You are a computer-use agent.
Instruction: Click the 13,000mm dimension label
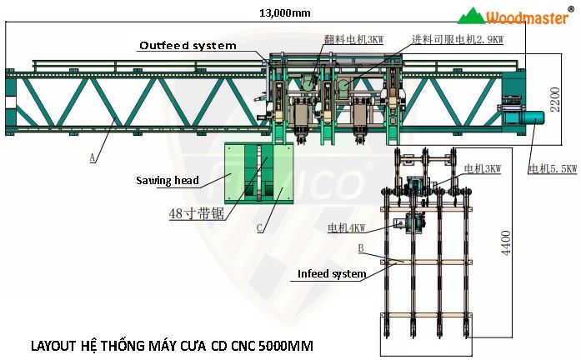285,12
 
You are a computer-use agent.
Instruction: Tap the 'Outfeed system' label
188,45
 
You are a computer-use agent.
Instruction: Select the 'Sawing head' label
168,180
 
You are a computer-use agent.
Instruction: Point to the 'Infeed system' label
332,273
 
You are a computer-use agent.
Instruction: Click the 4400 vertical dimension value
507,244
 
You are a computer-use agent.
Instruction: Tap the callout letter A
92,156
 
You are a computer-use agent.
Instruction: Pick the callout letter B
360,247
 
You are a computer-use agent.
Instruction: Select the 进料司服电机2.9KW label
457,39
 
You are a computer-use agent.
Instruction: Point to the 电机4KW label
344,227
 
